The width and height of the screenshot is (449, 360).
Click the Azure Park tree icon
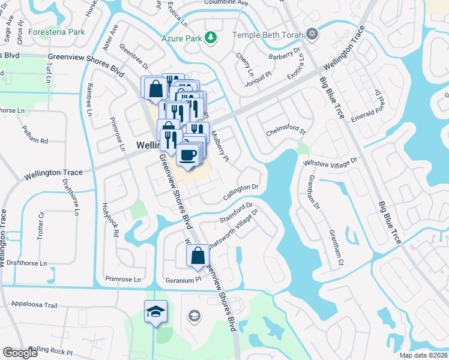pos(210,38)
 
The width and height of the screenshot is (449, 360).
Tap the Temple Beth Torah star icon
pos(311,34)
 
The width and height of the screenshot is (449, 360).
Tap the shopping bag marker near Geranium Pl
pos(197,256)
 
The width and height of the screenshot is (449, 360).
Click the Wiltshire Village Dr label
pos(330,162)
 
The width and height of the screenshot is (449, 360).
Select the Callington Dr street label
pos(240,192)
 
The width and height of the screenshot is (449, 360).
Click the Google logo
pos(21,353)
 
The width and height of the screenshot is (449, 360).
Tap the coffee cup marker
pos(187,155)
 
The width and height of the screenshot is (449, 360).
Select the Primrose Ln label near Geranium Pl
pos(122,279)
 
